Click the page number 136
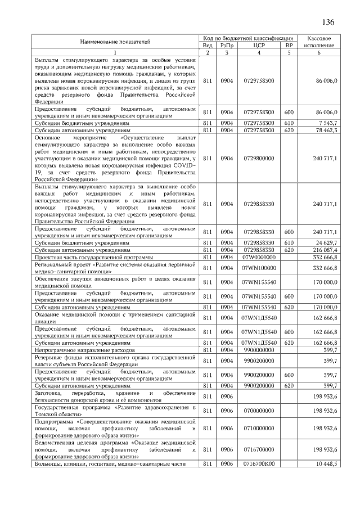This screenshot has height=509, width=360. (x=328, y=22)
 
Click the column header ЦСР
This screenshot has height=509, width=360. (x=259, y=45)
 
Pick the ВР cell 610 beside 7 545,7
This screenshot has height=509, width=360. (x=289, y=122)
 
